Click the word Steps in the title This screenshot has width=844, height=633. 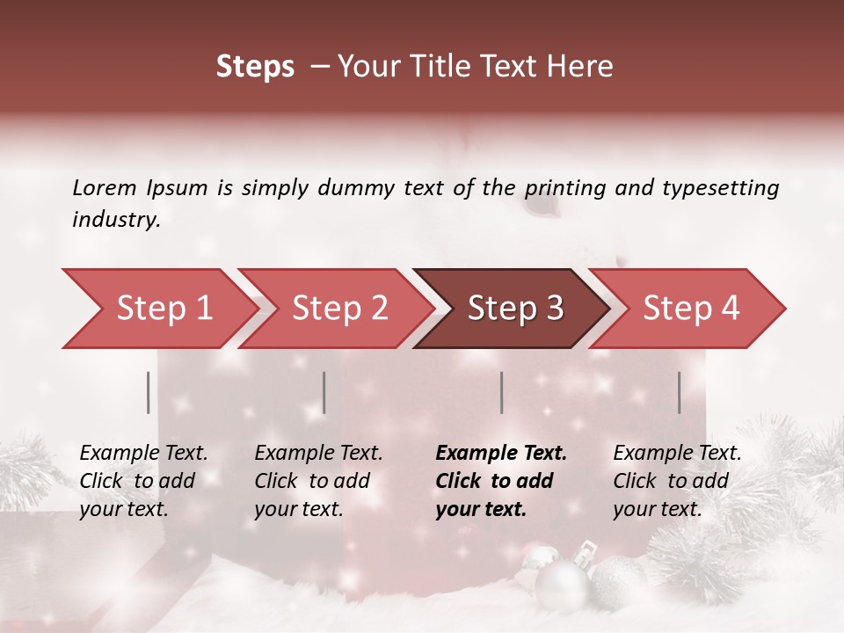[255, 67]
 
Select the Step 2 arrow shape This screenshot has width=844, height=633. [334, 309]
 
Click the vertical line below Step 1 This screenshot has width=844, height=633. [149, 392]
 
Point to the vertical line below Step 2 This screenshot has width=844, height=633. [324, 392]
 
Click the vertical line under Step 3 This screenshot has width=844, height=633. [501, 392]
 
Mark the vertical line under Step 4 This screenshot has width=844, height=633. [680, 392]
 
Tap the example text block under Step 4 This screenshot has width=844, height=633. [677, 481]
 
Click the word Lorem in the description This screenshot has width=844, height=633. [104, 187]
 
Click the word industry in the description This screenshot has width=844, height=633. [116, 220]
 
